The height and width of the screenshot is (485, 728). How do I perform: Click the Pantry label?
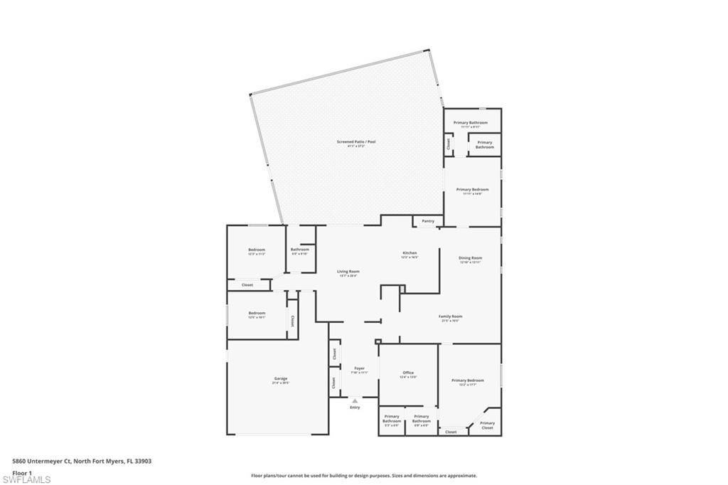pyautogui.click(x=427, y=221)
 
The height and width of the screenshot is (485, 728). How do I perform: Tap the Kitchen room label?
pyautogui.click(x=409, y=253)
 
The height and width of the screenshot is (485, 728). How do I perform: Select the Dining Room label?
pyautogui.click(x=471, y=258)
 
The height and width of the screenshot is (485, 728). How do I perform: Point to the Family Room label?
pyautogui.click(x=450, y=316)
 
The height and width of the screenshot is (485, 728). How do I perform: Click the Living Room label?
pyautogui.click(x=348, y=272)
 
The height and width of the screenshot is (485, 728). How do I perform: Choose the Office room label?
pyautogui.click(x=408, y=373)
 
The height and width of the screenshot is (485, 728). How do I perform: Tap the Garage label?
pyautogui.click(x=281, y=378)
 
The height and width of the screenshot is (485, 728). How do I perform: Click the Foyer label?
pyautogui.click(x=360, y=368)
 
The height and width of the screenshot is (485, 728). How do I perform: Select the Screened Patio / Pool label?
pyautogui.click(x=356, y=142)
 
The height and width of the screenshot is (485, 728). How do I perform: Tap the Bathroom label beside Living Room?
pyautogui.click(x=300, y=250)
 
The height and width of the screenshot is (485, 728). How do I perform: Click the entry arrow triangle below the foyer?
pyautogui.click(x=355, y=401)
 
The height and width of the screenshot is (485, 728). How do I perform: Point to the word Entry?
pyautogui.click(x=355, y=407)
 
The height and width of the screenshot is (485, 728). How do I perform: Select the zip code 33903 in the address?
pyautogui.click(x=143, y=462)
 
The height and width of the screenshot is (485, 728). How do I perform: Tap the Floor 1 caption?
pyautogui.click(x=23, y=472)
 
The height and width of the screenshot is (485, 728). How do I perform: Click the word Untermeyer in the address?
pyautogui.click(x=47, y=462)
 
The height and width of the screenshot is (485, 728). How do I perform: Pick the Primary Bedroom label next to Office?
pyautogui.click(x=469, y=380)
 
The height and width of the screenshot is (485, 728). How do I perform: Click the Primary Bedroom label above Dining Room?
pyautogui.click(x=473, y=189)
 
